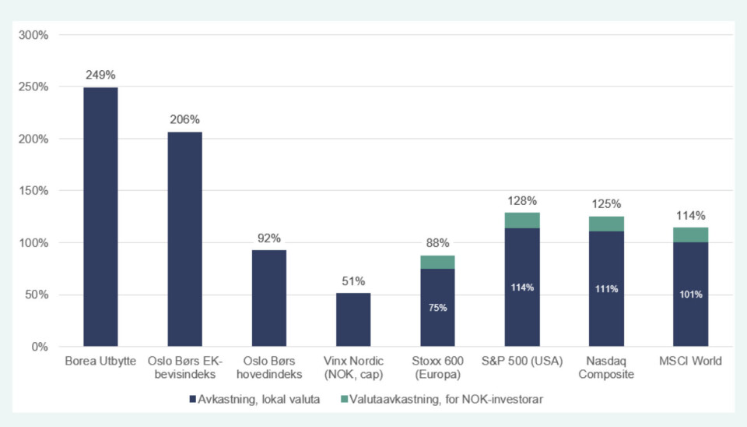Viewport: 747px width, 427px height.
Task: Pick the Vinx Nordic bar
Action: (x=353, y=319)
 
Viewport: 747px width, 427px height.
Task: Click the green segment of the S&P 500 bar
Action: (x=522, y=221)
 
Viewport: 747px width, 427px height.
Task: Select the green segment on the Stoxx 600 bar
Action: (x=437, y=262)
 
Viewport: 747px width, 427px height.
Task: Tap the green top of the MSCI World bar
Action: (x=690, y=235)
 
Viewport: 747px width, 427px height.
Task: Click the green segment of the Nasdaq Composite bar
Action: (x=606, y=224)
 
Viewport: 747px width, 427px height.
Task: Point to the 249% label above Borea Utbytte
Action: (x=100, y=76)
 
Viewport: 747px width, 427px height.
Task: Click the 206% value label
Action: (x=184, y=120)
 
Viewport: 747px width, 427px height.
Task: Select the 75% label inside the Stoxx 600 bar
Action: (x=437, y=308)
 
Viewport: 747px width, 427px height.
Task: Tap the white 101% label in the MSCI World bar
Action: (x=690, y=295)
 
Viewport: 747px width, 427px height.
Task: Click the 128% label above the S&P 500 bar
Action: (x=522, y=200)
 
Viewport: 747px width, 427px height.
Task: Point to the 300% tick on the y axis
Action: (x=33, y=35)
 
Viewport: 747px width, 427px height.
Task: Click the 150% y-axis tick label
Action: (x=33, y=191)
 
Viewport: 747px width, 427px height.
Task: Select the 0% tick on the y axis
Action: (x=39, y=347)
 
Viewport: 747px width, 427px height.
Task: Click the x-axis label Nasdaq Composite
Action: (x=606, y=368)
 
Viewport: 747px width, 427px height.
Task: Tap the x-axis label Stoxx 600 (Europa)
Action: (x=437, y=368)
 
